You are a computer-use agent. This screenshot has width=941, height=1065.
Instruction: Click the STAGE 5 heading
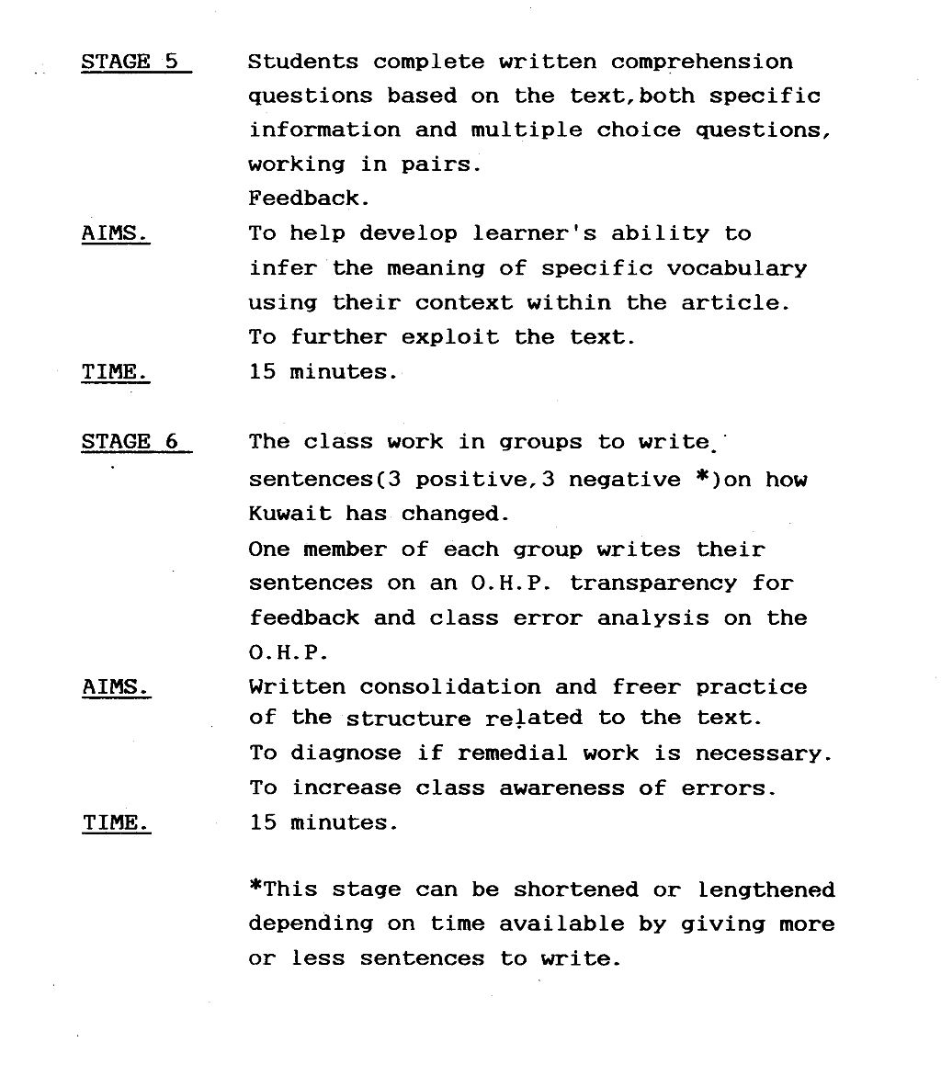pyautogui.click(x=130, y=62)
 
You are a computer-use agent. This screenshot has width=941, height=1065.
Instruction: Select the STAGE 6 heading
pyautogui.click(x=130, y=441)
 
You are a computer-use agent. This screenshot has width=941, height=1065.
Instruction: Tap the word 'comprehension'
pyautogui.click(x=702, y=62)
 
